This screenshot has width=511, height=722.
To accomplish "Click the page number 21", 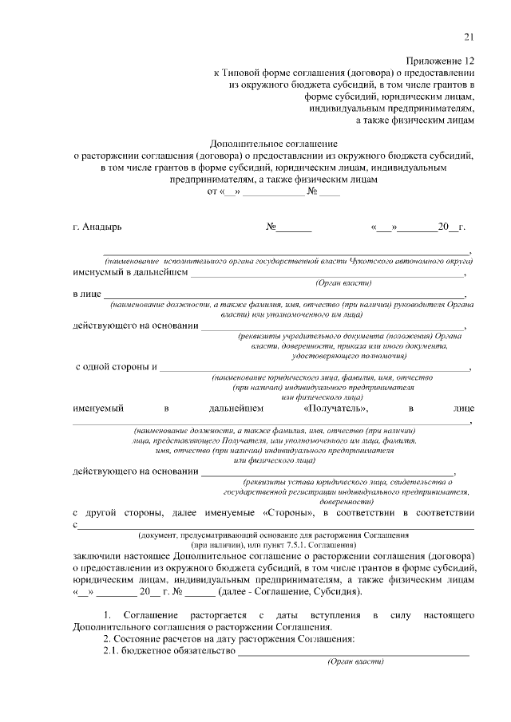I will pyautogui.click(x=469, y=36).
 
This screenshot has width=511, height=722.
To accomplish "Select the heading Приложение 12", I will pyautogui.click(x=440, y=61).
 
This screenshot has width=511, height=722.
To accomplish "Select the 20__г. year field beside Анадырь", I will pyautogui.click(x=450, y=227).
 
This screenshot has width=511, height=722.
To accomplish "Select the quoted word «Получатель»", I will pyautogui.click(x=335, y=408).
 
